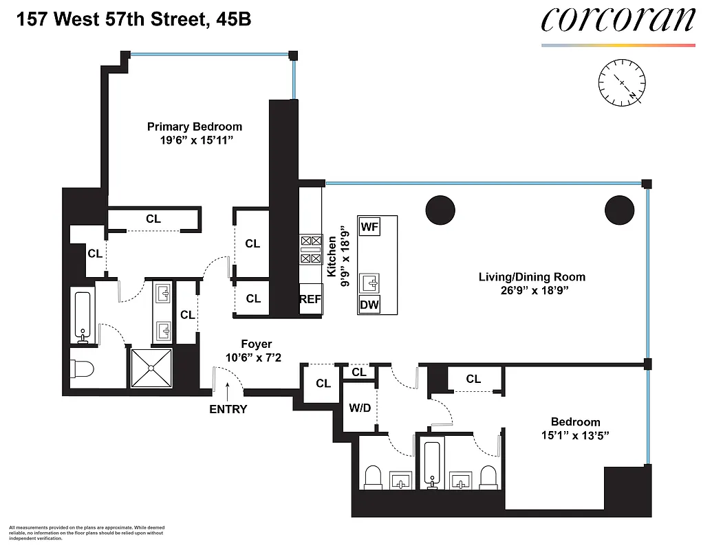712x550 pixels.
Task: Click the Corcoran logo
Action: point(618,21)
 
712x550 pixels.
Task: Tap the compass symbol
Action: point(621,82)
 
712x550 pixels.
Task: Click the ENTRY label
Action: point(228,409)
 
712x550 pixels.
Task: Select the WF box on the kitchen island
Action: point(369,225)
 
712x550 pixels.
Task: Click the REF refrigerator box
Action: point(311,299)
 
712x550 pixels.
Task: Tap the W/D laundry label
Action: point(360,408)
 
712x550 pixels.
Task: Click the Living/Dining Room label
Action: point(532,277)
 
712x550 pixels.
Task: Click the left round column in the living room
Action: point(440,210)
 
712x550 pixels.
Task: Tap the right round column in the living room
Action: point(619,210)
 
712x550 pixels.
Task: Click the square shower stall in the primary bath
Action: point(151,367)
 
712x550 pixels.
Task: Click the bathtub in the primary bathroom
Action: point(83,316)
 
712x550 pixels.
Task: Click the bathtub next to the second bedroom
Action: point(431,464)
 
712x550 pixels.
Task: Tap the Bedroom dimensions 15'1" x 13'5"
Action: point(575,435)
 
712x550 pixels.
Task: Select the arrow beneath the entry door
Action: point(228,392)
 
